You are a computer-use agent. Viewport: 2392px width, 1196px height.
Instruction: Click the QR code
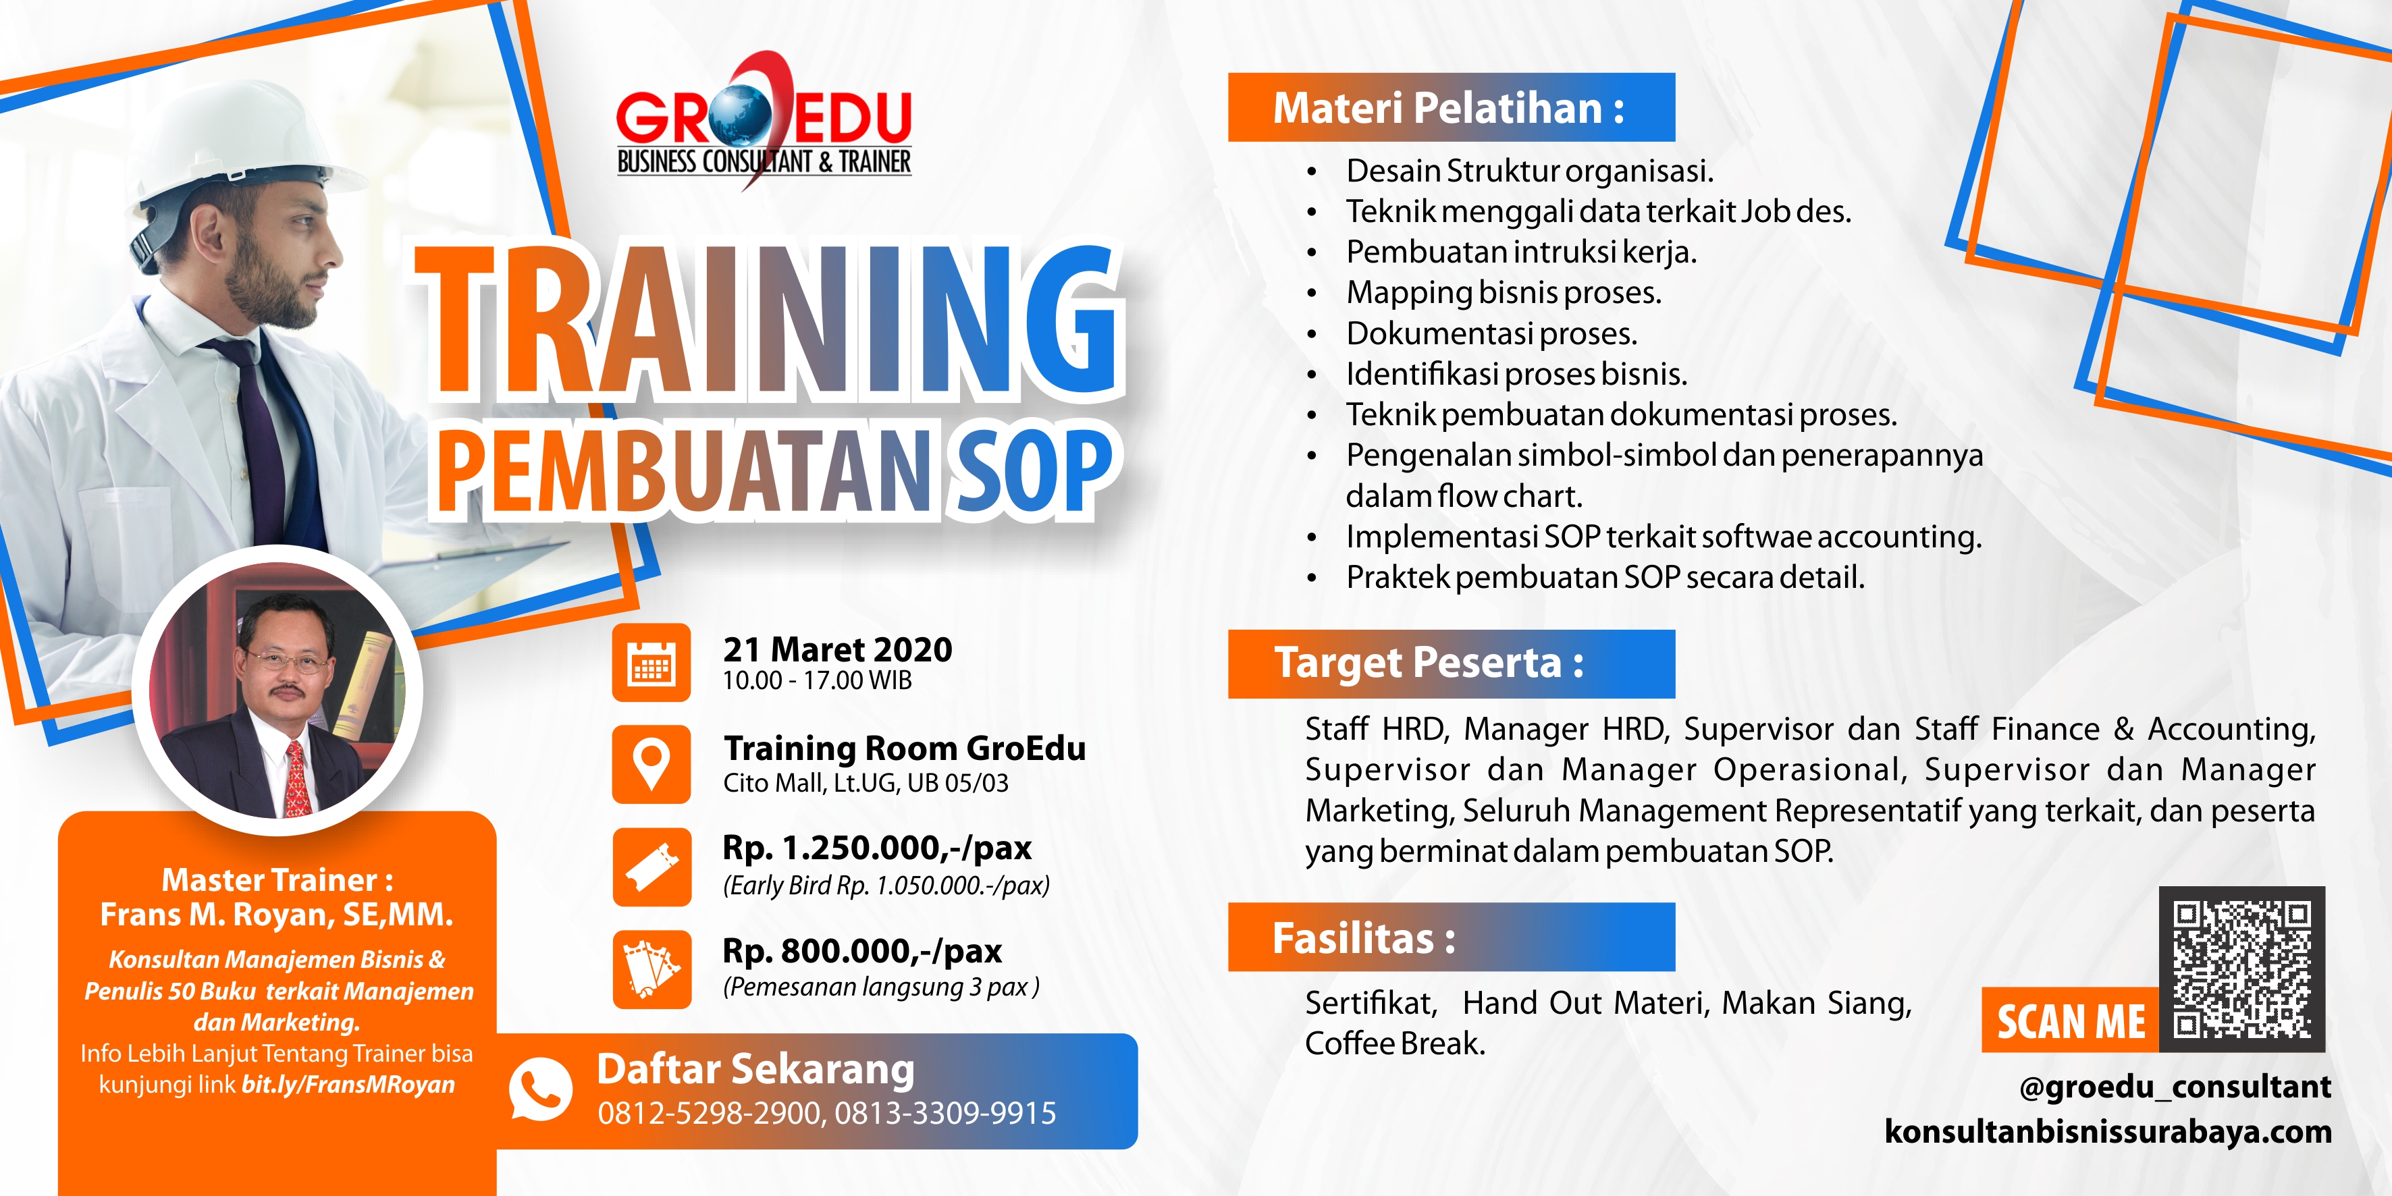(2241, 969)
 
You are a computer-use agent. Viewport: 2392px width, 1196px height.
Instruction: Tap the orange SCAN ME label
(2071, 1021)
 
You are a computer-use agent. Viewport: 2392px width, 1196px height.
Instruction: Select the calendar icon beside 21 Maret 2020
(652, 662)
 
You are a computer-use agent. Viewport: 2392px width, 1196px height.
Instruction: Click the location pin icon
(652, 764)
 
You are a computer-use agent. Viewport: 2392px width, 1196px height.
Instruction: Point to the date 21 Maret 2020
(838, 649)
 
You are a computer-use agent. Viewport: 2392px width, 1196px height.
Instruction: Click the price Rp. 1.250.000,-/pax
(878, 848)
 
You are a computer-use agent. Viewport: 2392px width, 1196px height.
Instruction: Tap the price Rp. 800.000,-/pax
(863, 951)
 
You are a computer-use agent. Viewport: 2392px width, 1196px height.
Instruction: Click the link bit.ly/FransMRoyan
(348, 1085)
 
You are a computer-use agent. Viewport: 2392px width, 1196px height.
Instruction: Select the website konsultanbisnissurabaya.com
(2108, 1131)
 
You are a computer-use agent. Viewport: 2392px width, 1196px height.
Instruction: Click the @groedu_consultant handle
(2175, 1087)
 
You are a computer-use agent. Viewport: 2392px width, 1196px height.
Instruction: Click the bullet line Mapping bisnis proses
(1504, 292)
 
